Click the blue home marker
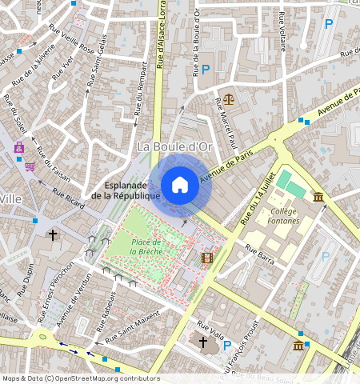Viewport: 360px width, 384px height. point(180,185)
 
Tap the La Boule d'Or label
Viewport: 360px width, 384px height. point(173,146)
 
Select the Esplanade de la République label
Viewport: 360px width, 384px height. point(126,190)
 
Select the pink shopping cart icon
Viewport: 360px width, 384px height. point(30,166)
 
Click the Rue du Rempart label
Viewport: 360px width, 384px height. point(141,91)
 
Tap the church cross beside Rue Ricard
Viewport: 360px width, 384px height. point(53,235)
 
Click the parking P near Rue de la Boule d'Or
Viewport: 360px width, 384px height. point(206,70)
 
